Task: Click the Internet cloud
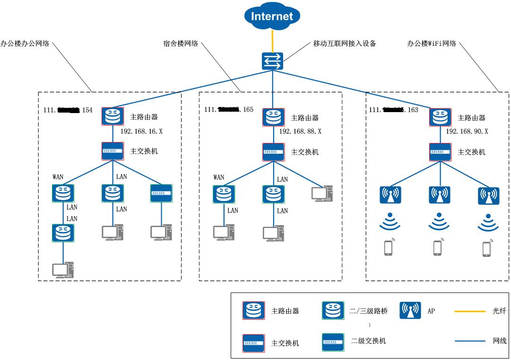272,17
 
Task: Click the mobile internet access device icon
272,61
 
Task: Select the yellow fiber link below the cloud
272,41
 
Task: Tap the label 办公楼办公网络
25,44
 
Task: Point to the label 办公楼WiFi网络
432,44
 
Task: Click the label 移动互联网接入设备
344,44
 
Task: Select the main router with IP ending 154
112,116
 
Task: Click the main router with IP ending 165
273,117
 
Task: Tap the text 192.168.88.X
300,131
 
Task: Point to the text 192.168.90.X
467,131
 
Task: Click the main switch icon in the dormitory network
273,152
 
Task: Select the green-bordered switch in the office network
161,193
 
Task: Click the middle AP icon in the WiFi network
439,194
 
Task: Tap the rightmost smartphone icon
487,248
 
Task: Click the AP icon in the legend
410,310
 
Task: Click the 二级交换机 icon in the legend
333,342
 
